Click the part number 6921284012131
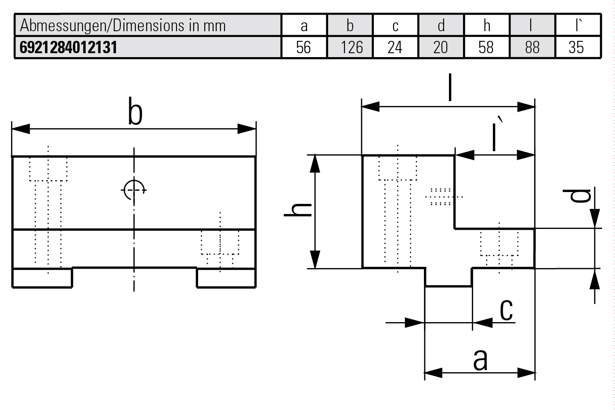pos(69,47)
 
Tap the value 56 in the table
pos(304,47)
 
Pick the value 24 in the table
pos(395,47)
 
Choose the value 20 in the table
pos(441,47)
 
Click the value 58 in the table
pos(486,47)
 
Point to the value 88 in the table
pos(532,47)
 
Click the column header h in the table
pos(487,25)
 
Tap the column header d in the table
pos(441,25)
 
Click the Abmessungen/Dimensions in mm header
pos(123,25)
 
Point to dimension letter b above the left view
pos(135,112)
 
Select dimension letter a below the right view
pos(480,359)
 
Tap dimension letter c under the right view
pos(506,310)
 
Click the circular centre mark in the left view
pos(134,190)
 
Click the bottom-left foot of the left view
pos(42,278)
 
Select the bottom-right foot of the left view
pos(226,278)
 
